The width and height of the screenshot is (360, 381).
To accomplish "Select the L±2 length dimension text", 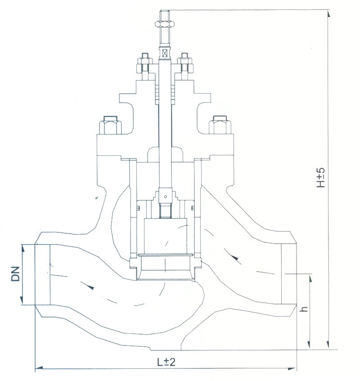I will coord(166,362).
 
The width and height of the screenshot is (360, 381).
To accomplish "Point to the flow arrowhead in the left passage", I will coord(91,286).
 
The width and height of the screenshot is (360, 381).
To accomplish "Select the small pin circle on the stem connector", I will coord(166,196).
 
